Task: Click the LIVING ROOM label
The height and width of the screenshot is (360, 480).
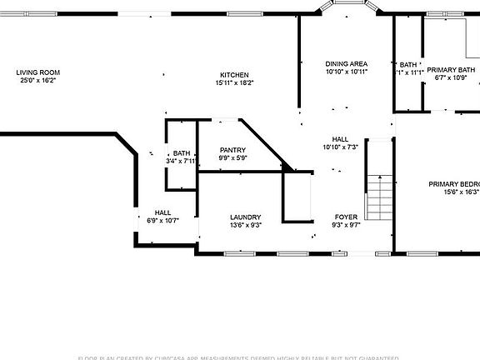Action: tap(38, 72)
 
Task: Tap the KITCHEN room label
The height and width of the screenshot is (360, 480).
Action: tap(234, 75)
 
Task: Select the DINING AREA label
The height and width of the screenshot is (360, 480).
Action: tap(347, 64)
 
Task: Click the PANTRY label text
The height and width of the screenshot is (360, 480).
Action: tap(232, 150)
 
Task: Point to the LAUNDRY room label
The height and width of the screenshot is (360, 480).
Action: tap(246, 217)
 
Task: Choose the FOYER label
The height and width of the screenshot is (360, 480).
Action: tap(346, 217)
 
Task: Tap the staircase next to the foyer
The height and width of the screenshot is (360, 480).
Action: tap(380, 194)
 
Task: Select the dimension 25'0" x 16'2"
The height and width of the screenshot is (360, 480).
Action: tap(38, 81)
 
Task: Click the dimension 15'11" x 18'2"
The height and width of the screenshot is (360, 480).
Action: tap(234, 83)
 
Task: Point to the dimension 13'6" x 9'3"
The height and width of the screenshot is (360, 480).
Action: tap(246, 225)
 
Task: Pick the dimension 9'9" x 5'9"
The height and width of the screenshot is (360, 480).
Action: tap(232, 158)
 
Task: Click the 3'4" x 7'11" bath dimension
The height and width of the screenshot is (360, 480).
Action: tap(182, 161)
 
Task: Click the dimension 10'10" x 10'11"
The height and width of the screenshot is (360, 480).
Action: tap(347, 72)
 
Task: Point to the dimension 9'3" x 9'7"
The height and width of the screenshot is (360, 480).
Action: tap(346, 225)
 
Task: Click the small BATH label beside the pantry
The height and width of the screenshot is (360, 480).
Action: tap(182, 153)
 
